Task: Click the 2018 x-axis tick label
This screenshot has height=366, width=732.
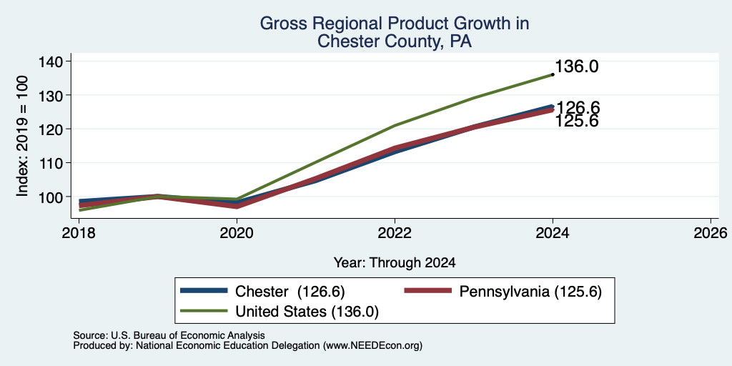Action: pyautogui.click(x=79, y=232)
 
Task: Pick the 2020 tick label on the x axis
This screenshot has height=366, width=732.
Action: pyautogui.click(x=237, y=232)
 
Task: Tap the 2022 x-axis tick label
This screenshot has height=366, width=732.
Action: pyautogui.click(x=395, y=232)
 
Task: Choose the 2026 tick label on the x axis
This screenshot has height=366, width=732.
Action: pyautogui.click(x=711, y=232)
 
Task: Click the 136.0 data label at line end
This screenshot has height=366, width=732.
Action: pyautogui.click(x=577, y=66)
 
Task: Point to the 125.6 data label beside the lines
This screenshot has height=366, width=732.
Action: pyautogui.click(x=577, y=122)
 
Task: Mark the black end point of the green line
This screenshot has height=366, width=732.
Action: pyautogui.click(x=553, y=74)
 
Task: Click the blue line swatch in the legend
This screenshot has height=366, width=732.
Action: pyautogui.click(x=204, y=291)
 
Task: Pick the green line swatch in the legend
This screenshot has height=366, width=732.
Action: pyautogui.click(x=204, y=310)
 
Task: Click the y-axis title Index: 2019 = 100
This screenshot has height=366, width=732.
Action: pyautogui.click(x=22, y=136)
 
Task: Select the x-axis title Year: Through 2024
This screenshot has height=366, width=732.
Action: pyautogui.click(x=395, y=263)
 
